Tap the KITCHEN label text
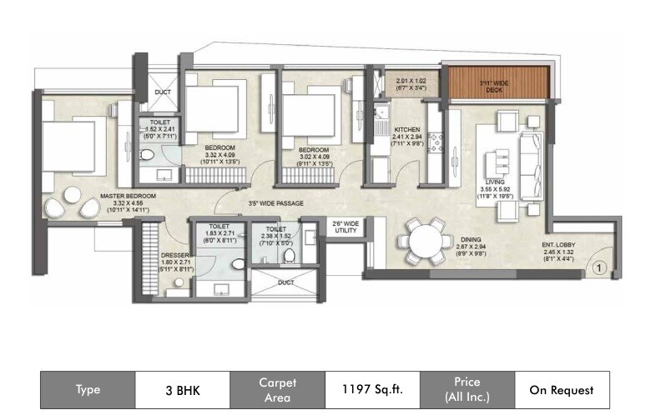[406, 130]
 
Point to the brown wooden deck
[497, 83]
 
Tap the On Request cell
[562, 389]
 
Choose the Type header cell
[88, 389]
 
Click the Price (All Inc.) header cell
[467, 389]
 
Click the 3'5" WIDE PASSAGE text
[275, 203]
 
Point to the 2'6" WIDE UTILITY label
[346, 227]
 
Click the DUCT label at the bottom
[285, 282]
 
